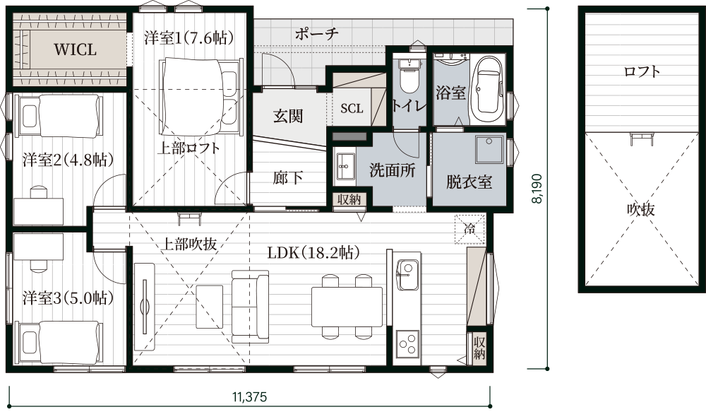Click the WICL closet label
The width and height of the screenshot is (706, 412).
(76, 49)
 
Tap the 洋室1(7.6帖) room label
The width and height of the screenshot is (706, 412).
(189, 37)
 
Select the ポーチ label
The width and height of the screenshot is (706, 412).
(317, 33)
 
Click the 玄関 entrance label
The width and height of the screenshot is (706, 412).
(288, 117)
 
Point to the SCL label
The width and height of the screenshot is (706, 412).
(352, 108)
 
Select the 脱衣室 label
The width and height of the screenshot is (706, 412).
(469, 182)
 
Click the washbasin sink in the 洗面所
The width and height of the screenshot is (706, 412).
(345, 166)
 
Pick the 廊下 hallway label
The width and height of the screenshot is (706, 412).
(288, 178)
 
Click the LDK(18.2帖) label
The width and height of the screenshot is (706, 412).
(314, 252)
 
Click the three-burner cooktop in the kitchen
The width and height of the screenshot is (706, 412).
(407, 344)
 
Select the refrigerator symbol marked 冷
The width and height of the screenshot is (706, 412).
(469, 228)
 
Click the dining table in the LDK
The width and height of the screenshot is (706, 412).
(347, 307)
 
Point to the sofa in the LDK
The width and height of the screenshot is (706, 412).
(251, 307)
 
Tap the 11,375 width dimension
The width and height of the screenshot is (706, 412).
(250, 397)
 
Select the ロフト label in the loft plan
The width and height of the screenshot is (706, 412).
(642, 71)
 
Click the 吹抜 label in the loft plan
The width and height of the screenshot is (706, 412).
(641, 210)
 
